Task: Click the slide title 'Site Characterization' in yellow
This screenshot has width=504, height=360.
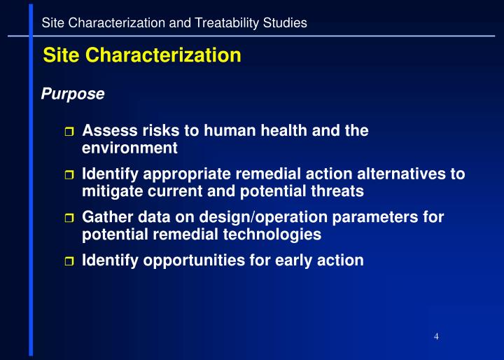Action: [x=142, y=55]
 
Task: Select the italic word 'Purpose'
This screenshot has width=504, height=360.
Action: [x=73, y=93]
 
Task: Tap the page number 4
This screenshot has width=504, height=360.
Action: [x=436, y=337]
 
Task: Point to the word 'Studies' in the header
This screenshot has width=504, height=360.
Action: [x=287, y=23]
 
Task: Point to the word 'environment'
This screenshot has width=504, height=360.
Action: [x=129, y=148]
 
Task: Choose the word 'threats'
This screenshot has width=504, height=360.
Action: [x=340, y=191]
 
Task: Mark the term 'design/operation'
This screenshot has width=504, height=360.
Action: [x=258, y=217]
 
